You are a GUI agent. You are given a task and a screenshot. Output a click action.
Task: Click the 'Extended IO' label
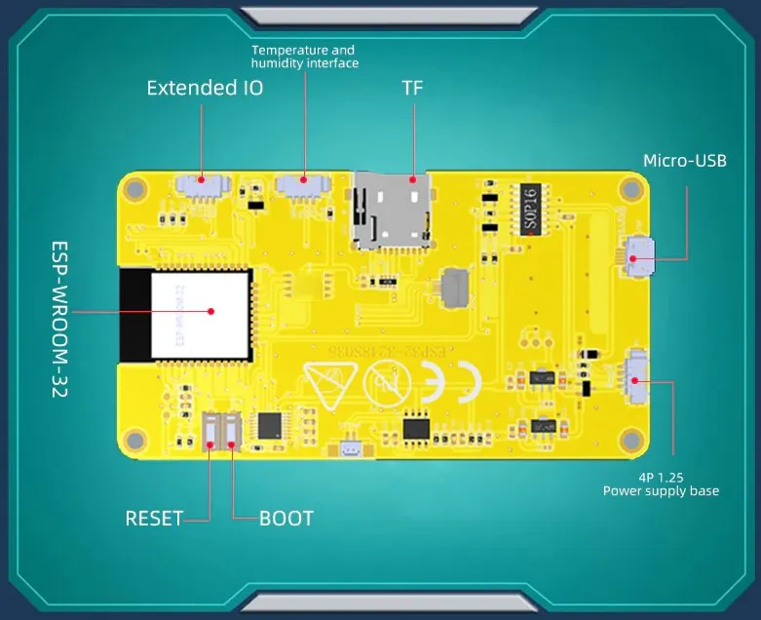point(205,88)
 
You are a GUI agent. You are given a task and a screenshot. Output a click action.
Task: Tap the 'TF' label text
point(413,88)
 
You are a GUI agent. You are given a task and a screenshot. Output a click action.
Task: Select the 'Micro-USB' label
point(684,161)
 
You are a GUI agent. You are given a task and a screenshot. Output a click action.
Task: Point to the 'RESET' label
point(154,519)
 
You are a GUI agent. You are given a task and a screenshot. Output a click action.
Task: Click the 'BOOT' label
point(286,519)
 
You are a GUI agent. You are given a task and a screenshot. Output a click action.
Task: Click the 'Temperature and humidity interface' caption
point(304,57)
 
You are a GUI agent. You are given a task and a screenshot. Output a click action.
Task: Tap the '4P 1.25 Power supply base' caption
point(661,484)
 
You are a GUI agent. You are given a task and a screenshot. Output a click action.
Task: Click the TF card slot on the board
point(393,209)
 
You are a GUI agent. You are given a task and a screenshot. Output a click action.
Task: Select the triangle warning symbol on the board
point(326,380)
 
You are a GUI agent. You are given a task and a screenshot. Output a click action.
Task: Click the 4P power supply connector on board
point(639,374)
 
